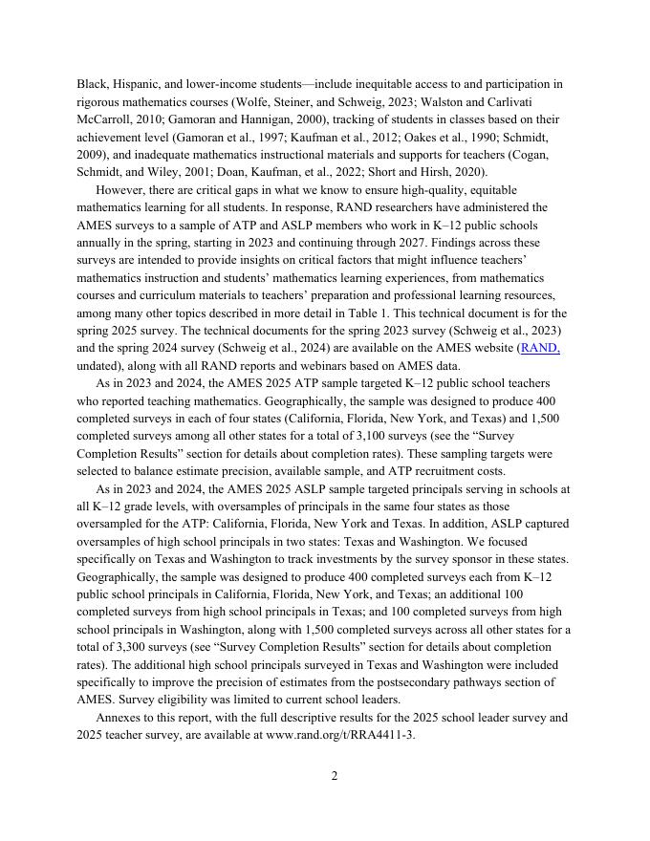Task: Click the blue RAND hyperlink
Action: (540, 349)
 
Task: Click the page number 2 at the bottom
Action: (335, 776)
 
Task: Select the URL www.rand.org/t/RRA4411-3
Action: (340, 735)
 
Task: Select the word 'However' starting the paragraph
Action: (121, 189)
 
